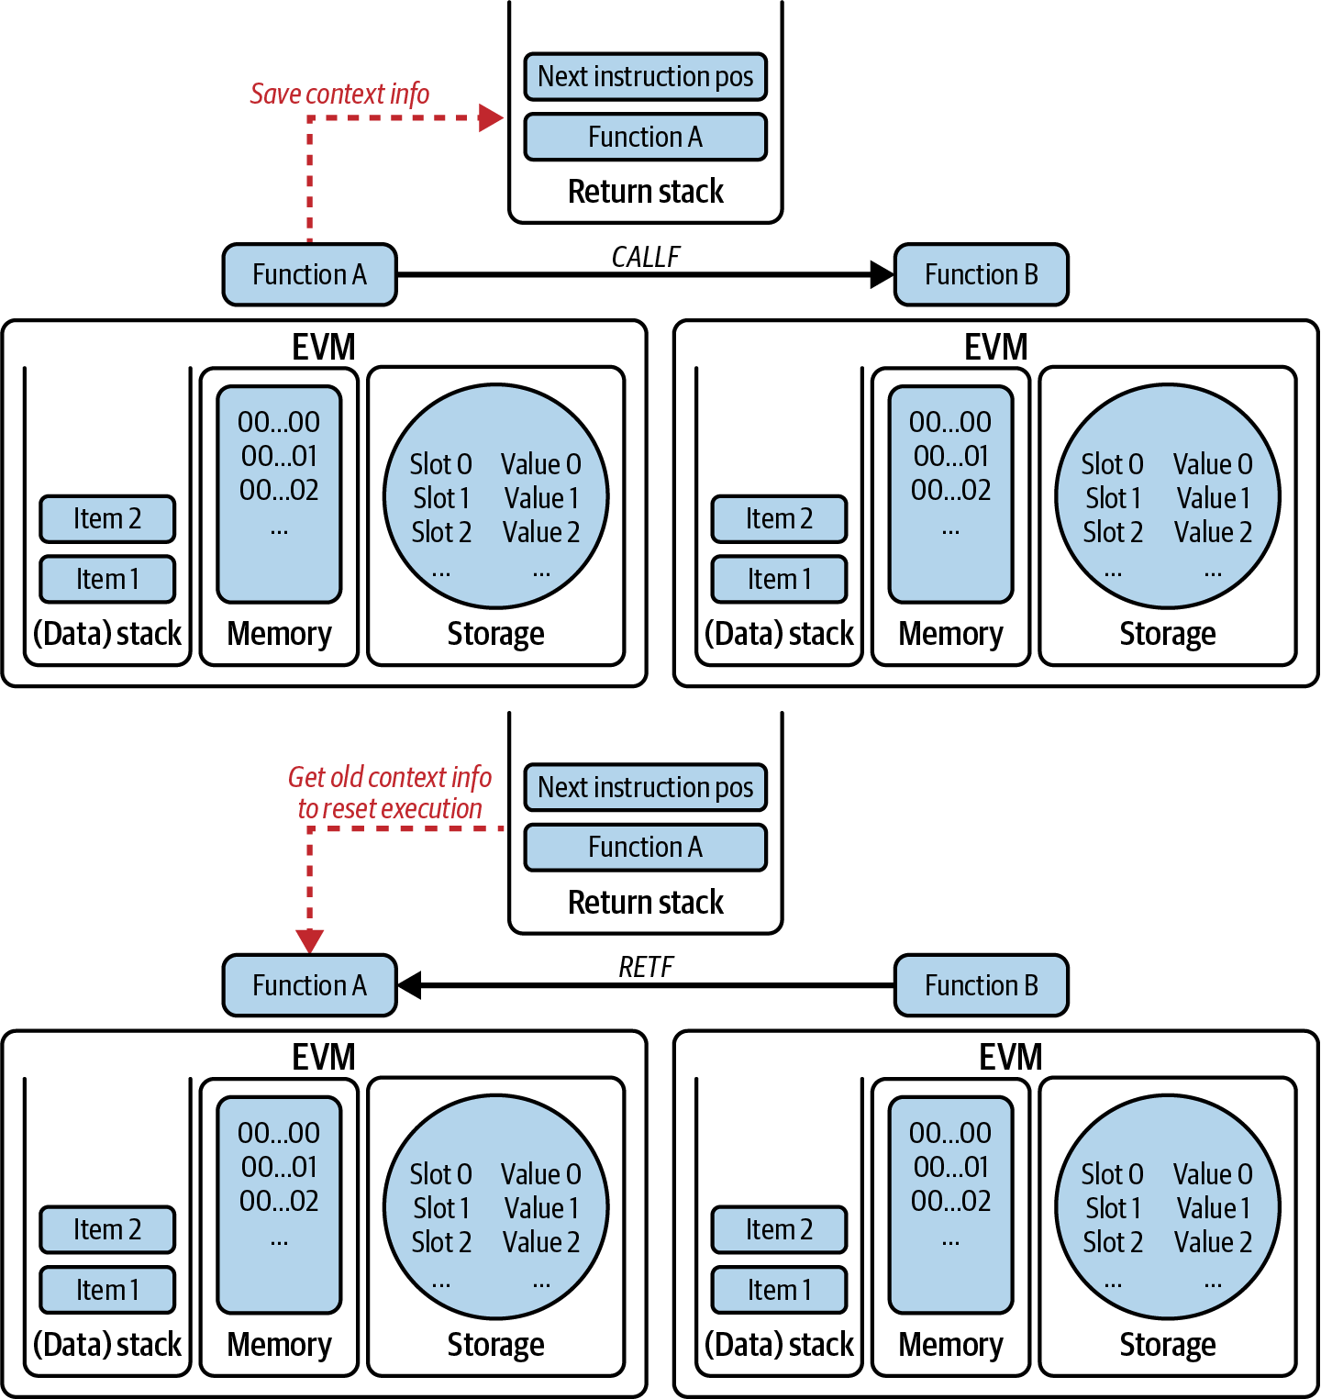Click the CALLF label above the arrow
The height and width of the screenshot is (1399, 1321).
point(645,257)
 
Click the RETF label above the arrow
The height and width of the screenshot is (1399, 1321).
point(645,967)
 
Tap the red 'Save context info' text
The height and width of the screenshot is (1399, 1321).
point(339,94)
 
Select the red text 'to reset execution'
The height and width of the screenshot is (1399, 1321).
point(390,808)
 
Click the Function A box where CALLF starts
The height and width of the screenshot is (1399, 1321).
point(309,274)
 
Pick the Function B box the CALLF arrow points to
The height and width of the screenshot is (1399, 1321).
point(981,274)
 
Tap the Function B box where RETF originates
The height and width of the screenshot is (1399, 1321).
point(981,985)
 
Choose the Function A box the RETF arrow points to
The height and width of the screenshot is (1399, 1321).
point(309,985)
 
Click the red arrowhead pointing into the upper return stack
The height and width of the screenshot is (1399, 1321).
point(492,117)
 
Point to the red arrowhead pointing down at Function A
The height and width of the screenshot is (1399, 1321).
point(310,941)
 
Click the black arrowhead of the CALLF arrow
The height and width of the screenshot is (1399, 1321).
point(882,274)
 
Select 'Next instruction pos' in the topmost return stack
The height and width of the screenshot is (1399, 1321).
point(645,76)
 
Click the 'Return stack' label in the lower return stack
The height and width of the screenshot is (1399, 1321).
point(645,903)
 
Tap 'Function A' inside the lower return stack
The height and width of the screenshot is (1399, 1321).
point(645,847)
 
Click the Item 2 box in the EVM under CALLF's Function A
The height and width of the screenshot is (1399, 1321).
point(107,519)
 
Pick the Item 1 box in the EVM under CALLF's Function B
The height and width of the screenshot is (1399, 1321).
point(779,580)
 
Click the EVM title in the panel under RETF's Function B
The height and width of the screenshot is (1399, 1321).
point(1010,1057)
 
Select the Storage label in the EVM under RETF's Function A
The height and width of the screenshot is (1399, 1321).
point(495,1345)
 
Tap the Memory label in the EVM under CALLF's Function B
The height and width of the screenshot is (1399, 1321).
point(950,634)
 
